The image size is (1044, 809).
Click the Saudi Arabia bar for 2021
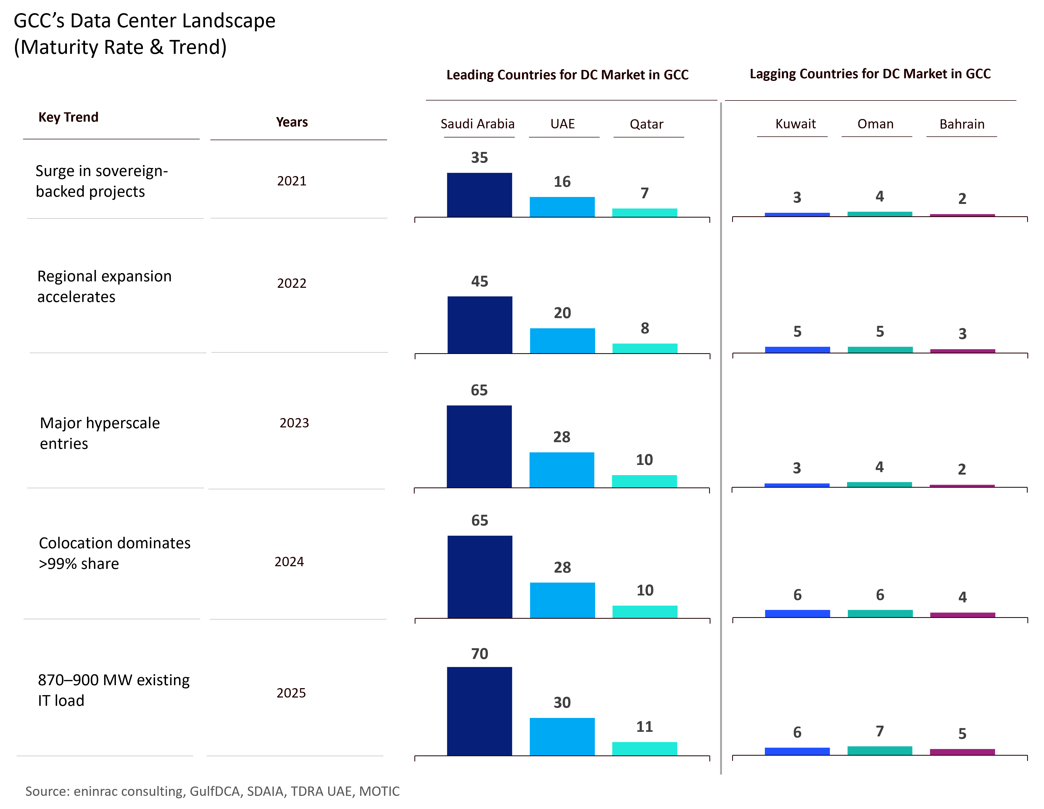tap(479, 195)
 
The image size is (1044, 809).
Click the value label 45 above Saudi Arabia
tap(479, 281)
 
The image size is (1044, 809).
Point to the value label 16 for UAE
tap(562, 182)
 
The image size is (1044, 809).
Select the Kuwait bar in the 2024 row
tap(797, 613)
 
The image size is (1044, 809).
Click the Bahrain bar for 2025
tap(962, 752)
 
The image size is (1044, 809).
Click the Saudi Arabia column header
tap(478, 124)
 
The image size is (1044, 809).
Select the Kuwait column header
tap(795, 124)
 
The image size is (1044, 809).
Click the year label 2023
tap(294, 423)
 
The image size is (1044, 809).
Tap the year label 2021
tap(292, 181)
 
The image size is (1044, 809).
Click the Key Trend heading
tap(68, 117)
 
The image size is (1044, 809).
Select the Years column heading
tap(292, 122)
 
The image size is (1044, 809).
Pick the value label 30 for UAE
tap(562, 702)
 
